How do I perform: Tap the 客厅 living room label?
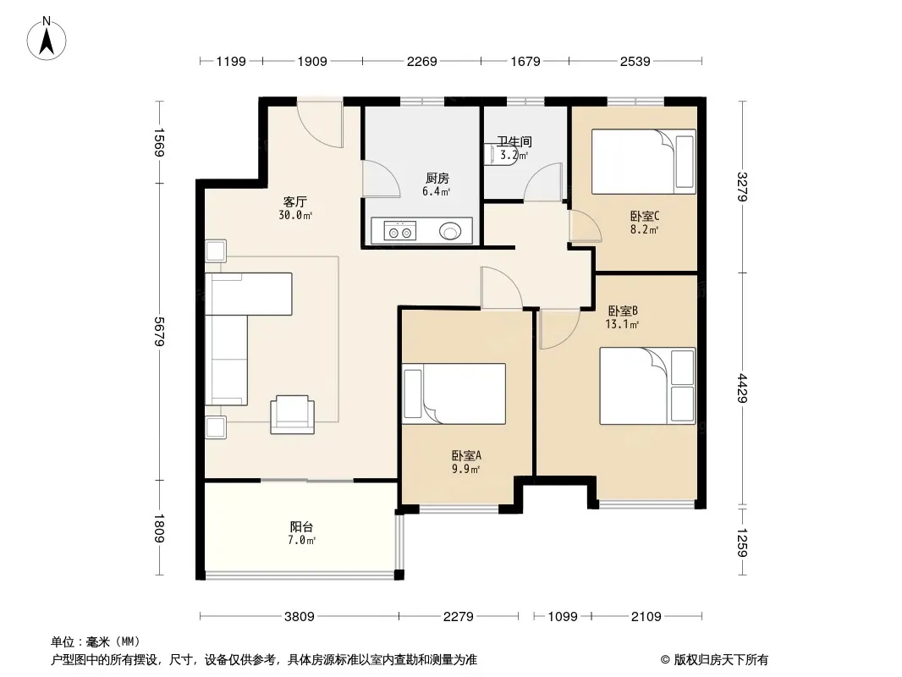pos(295,201)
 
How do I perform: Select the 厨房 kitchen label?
pos(437,179)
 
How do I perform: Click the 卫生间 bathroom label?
pos(514,141)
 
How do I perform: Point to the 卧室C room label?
pos(644,217)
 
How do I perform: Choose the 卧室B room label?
pos(623,311)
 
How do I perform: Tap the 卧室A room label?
pos(466,455)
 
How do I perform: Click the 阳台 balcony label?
pos(301,526)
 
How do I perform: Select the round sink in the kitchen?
pos(450,231)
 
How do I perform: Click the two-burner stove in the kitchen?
pos(399,231)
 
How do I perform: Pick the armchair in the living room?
pos(293,414)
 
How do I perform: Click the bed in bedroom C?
pos(644,162)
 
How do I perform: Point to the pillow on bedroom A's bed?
pos(413,394)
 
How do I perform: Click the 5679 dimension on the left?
pos(159,332)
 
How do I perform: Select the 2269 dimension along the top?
pos(421,61)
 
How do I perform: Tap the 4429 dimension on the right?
pos(742,388)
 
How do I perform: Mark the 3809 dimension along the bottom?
pos(300,617)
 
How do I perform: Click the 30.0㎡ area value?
pos(295,215)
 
